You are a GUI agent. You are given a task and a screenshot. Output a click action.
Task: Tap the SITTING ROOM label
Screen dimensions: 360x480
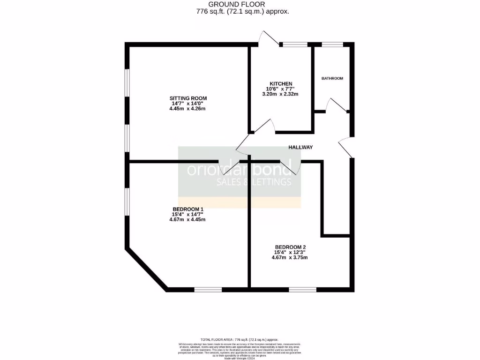click(x=188, y=98)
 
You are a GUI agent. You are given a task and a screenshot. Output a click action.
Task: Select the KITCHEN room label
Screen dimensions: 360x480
click(x=281, y=83)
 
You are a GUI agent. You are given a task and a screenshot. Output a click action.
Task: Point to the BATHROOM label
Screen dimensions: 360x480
click(x=332, y=78)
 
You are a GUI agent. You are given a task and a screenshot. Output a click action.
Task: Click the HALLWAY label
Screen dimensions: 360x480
click(x=300, y=147)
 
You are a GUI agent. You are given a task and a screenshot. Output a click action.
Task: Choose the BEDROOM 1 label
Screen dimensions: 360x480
click(x=188, y=209)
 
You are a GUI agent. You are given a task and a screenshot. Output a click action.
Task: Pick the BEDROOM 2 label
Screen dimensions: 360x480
click(x=290, y=247)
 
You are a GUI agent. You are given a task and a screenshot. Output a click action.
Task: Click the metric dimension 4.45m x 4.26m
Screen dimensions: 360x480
click(x=188, y=109)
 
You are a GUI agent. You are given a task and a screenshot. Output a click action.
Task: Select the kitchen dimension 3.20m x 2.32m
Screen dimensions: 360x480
click(x=280, y=94)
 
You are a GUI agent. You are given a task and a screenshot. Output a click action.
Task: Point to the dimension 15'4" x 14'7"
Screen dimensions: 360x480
click(x=188, y=214)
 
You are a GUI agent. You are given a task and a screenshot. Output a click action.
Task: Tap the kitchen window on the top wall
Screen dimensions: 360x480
click(x=294, y=45)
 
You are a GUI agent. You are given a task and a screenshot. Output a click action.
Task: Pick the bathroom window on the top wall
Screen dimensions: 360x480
click(x=332, y=45)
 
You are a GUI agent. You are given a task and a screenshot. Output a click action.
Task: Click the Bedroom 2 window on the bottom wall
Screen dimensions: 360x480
click(x=302, y=289)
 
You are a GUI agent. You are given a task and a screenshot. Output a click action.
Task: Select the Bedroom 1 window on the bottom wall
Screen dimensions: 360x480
click(x=208, y=289)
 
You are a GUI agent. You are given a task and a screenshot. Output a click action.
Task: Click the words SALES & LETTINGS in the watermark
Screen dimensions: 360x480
click(x=253, y=182)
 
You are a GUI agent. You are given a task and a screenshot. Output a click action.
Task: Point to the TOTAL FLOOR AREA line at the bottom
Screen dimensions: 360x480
click(x=240, y=339)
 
